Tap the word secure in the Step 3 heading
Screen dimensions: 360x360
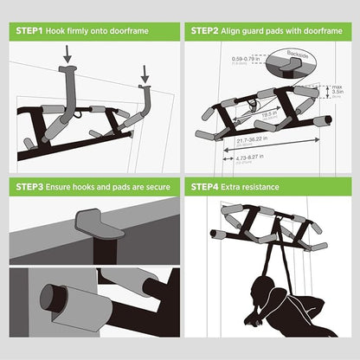(x=155, y=187)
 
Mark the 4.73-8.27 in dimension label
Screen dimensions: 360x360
(x=228, y=158)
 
